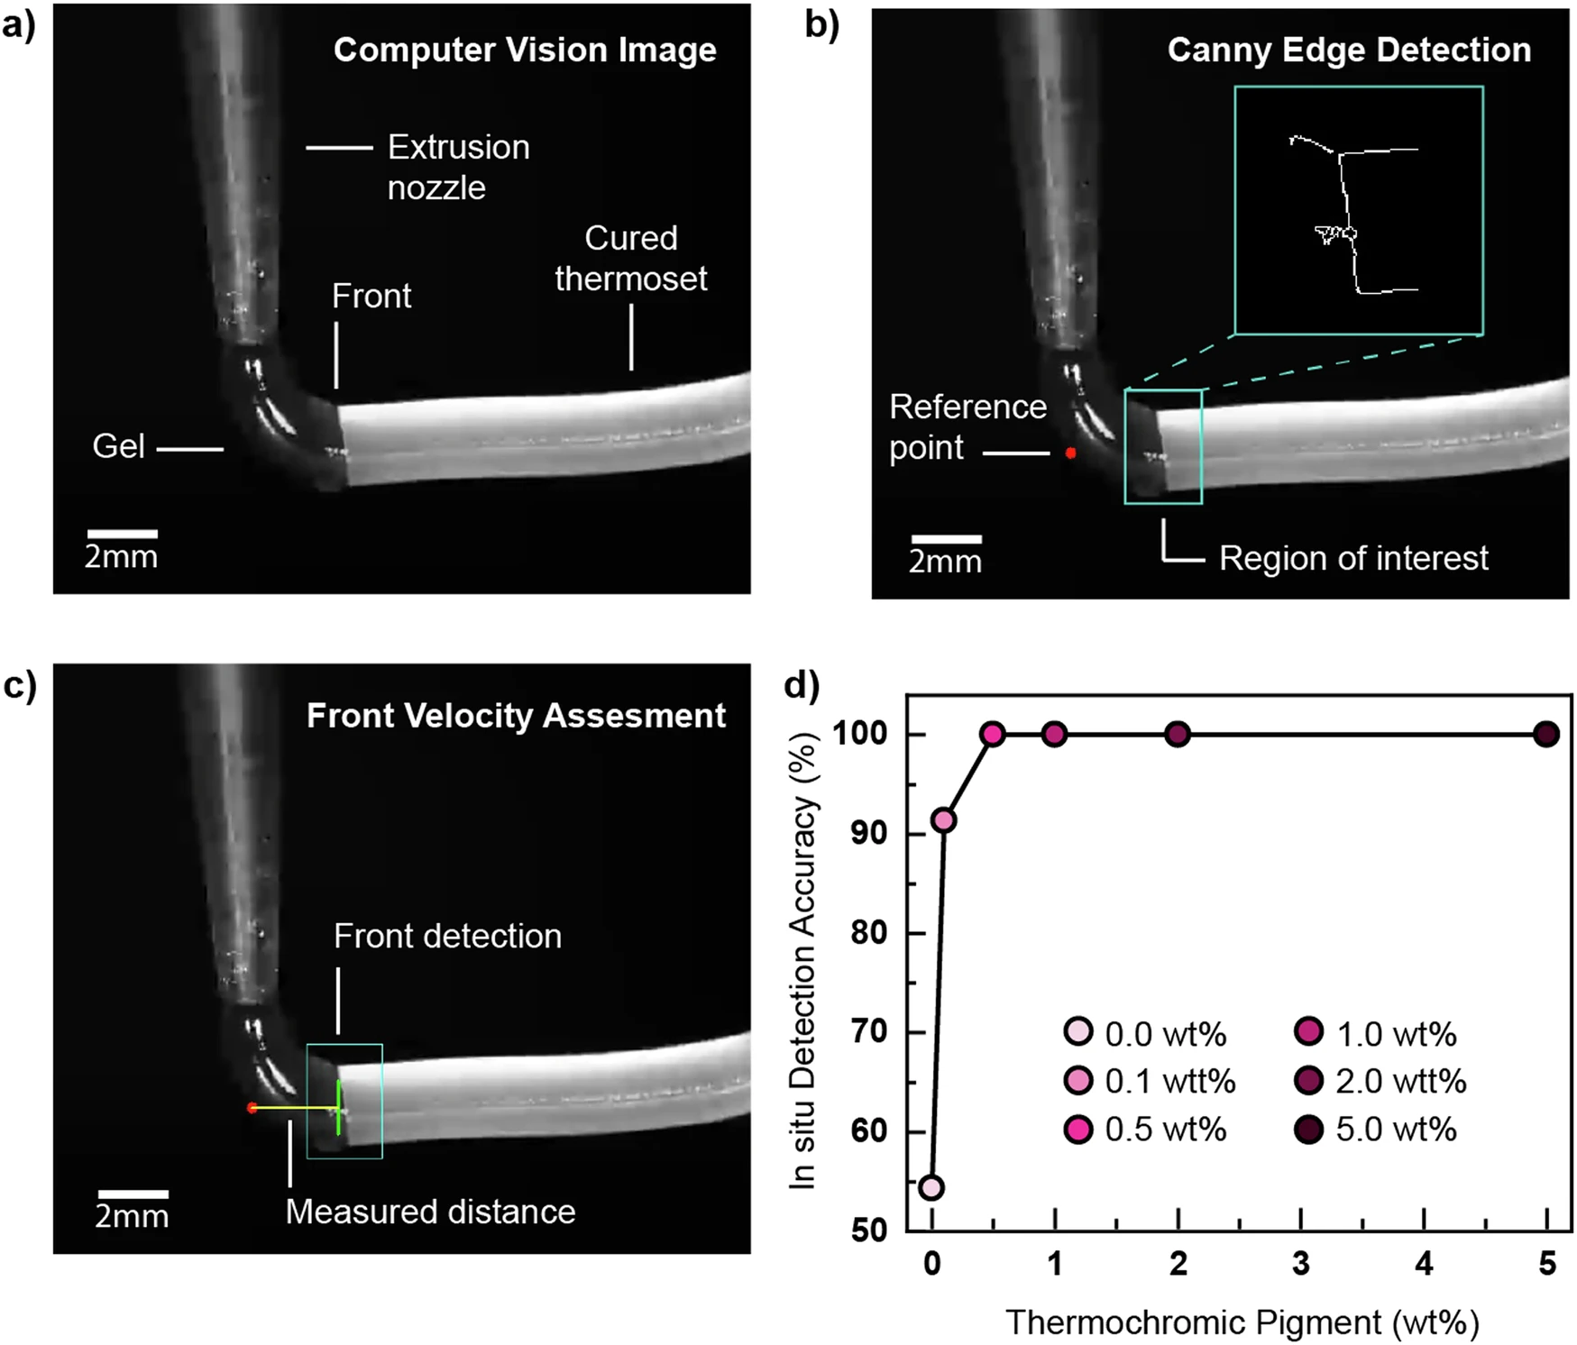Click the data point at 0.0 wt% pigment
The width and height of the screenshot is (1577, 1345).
click(931, 1187)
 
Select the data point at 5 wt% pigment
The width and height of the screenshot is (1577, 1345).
click(1546, 735)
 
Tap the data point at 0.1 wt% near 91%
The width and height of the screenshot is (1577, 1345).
click(943, 820)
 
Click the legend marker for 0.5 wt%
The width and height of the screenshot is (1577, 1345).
click(1077, 1129)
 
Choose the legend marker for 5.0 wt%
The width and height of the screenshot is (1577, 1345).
click(1308, 1129)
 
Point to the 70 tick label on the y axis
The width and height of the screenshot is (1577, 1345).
click(869, 1031)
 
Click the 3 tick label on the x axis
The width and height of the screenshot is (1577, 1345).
click(1300, 1264)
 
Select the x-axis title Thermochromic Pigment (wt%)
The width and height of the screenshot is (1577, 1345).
click(1242, 1322)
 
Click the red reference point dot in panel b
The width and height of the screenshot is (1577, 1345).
click(1070, 453)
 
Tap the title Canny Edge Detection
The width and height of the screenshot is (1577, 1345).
click(1349, 50)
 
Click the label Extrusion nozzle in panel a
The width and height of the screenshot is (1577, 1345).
click(458, 167)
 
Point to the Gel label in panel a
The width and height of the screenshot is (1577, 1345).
click(118, 446)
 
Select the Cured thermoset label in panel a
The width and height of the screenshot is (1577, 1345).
click(631, 258)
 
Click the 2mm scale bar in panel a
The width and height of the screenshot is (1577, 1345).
click(122, 535)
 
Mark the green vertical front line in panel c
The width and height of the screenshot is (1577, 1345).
click(339, 1107)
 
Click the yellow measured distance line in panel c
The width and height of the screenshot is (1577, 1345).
click(294, 1108)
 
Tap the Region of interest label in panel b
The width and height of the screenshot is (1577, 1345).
click(1353, 558)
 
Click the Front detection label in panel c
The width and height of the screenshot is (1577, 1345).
click(447, 936)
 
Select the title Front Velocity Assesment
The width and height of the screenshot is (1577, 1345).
click(516, 716)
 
